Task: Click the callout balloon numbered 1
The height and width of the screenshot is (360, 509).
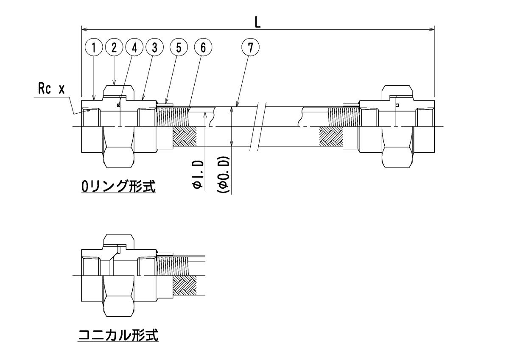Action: (x=95, y=47)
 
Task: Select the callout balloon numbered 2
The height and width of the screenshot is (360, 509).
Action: (x=115, y=47)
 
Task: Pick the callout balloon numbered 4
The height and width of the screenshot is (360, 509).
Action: (x=134, y=47)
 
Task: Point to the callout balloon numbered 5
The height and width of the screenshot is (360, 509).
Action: (x=179, y=47)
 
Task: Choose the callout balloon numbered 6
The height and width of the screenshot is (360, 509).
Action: (x=203, y=47)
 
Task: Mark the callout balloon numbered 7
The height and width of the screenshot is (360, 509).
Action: (x=251, y=47)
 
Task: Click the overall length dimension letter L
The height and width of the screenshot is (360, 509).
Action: (x=257, y=23)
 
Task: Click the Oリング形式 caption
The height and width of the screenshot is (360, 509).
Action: (x=117, y=187)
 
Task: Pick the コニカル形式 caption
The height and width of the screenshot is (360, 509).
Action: (x=118, y=336)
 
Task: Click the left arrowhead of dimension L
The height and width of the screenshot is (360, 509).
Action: (x=84, y=29)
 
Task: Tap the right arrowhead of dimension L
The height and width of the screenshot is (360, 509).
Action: (x=432, y=29)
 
